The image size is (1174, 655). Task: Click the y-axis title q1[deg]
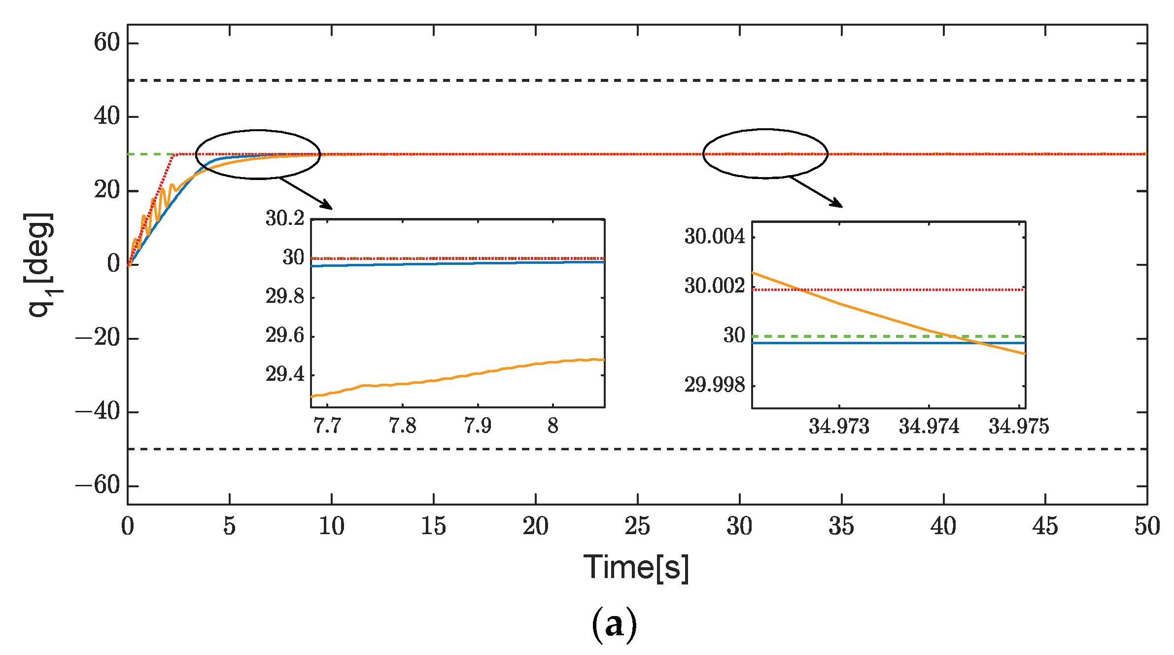coord(40,265)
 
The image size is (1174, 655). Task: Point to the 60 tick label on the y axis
coord(107,42)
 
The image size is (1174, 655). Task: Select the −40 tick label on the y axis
coord(98,411)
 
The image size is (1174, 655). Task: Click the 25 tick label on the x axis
coord(637,526)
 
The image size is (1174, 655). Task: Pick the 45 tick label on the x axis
coord(1045,526)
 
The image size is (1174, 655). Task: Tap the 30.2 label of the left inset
coord(285,218)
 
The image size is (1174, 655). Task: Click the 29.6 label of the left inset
coord(285,335)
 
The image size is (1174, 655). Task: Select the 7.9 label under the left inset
coord(477,425)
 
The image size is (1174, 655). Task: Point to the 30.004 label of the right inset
coord(714,237)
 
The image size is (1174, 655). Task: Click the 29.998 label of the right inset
coord(714,385)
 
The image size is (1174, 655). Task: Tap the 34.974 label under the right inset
coord(929,426)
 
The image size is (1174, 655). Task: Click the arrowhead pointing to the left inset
coord(327,205)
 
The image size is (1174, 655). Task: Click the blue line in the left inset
coord(458,264)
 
